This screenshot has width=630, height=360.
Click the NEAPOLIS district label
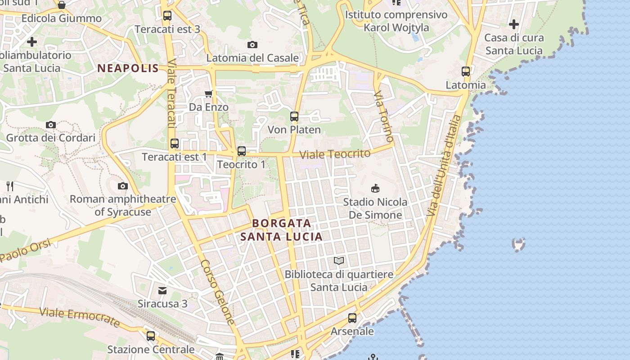(128, 68)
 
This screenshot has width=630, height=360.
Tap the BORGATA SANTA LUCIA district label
(281, 229)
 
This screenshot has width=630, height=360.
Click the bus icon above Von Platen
(294, 117)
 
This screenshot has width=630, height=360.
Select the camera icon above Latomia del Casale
(252, 45)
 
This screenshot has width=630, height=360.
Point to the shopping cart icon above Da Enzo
(208, 94)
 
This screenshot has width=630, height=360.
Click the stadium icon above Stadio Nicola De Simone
(375, 188)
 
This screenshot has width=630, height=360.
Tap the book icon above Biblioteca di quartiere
(339, 261)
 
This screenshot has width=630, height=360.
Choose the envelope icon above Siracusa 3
(162, 290)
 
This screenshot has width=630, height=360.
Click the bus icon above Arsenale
(352, 318)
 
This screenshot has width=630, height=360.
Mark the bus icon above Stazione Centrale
(151, 336)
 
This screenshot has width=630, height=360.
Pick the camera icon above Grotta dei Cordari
(51, 125)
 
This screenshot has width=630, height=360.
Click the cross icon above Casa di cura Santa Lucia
(514, 24)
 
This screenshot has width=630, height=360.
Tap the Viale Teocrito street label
(335, 154)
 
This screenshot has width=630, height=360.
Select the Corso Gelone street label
(218, 292)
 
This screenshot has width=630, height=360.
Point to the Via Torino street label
(384, 116)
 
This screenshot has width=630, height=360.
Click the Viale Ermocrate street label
(80, 317)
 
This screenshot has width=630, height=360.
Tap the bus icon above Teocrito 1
(242, 151)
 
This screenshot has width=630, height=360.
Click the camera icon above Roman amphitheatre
(122, 186)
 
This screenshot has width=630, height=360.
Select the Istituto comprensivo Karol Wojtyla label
(396, 21)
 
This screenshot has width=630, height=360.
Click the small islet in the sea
(519, 244)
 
